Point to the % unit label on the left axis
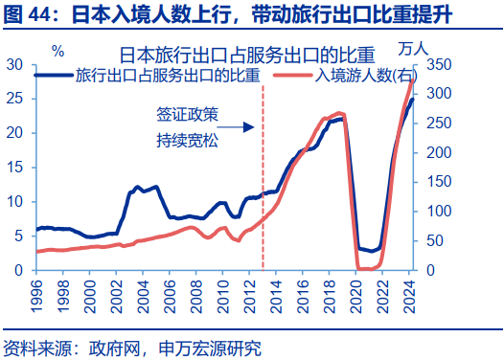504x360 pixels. tap(58, 51)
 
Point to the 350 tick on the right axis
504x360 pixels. tap(435, 64)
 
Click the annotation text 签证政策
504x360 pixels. tap(187, 114)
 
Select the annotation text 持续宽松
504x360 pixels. tap(187, 140)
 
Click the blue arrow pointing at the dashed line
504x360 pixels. tap(241, 126)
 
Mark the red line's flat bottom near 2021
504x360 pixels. tap(367, 269)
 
